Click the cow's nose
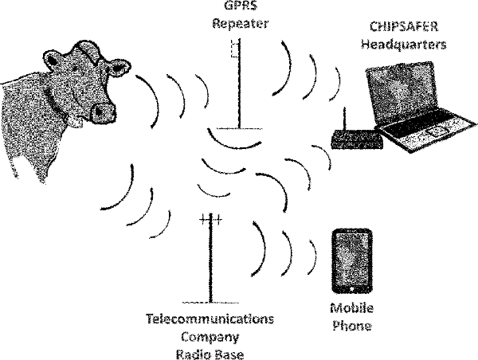click(x=104, y=113)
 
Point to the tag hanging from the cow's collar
click(x=76, y=121)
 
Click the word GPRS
click(x=241, y=6)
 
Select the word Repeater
click(x=241, y=23)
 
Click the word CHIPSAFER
click(x=404, y=26)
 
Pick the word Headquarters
click(x=404, y=45)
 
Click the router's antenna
click(x=345, y=119)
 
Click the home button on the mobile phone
click(x=352, y=288)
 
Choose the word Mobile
click(x=352, y=308)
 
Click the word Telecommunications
click(x=210, y=319)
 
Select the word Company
click(x=210, y=338)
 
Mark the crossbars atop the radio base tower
click(x=210, y=219)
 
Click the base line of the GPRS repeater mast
click(x=240, y=129)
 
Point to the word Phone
click(x=352, y=326)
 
